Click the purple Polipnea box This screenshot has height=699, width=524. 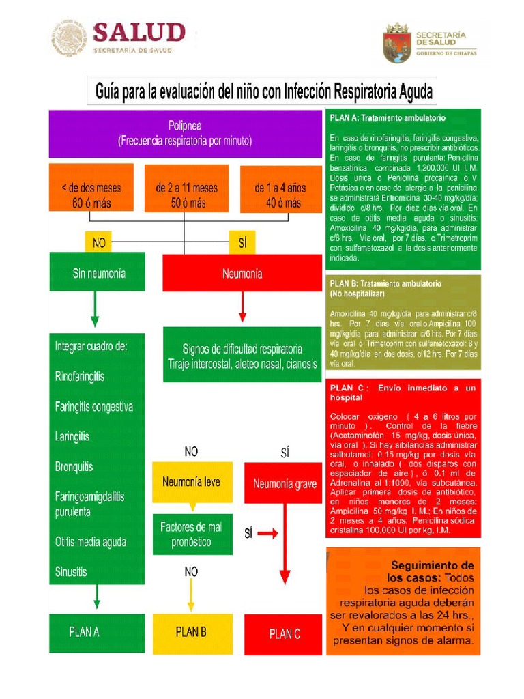click(x=184, y=134)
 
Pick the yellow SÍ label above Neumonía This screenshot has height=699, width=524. click(x=242, y=242)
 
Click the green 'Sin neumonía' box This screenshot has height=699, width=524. click(x=87, y=272)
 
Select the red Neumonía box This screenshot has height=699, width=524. click(x=242, y=273)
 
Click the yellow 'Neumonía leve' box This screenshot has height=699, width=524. click(x=191, y=482)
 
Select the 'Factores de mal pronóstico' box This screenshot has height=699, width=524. click(x=191, y=534)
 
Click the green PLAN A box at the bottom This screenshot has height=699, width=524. click(x=85, y=632)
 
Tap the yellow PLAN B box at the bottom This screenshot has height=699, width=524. click(x=191, y=633)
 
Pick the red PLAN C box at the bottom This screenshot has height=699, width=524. click(x=285, y=634)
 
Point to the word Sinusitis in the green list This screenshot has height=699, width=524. click(x=72, y=572)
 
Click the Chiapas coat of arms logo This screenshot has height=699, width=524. click(x=396, y=42)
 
